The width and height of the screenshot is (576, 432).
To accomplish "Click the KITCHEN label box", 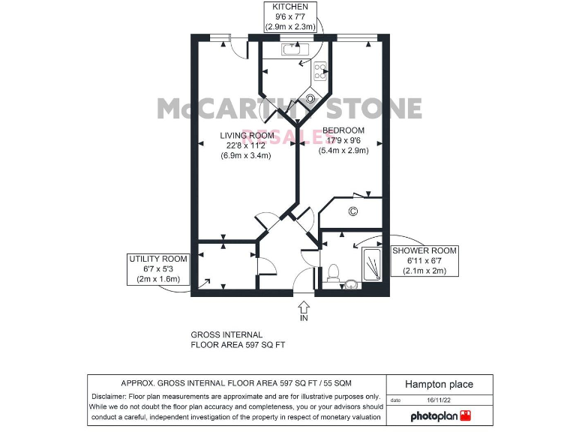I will pyautogui.click(x=291, y=16).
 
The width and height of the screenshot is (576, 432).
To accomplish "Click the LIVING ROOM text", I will pyautogui.click(x=246, y=136).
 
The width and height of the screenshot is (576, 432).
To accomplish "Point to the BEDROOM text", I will pyautogui.click(x=344, y=130).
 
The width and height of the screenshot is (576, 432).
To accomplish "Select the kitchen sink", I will pyautogui.click(x=292, y=49).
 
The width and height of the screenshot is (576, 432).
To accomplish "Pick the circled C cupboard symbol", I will pyautogui.click(x=352, y=212).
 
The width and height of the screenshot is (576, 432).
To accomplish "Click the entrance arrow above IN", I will pyautogui.click(x=304, y=306).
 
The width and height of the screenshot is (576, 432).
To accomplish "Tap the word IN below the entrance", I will pyautogui.click(x=304, y=318).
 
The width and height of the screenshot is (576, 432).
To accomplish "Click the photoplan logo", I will pyautogui.click(x=439, y=415).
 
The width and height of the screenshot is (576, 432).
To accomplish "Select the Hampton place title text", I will pyautogui.click(x=439, y=384).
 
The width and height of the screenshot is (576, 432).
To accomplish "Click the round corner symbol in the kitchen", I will pyautogui.click(x=310, y=97).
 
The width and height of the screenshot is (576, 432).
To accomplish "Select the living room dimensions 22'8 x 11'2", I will pyautogui.click(x=246, y=145).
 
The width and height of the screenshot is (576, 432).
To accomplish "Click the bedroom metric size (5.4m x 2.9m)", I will pyautogui.click(x=344, y=150).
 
